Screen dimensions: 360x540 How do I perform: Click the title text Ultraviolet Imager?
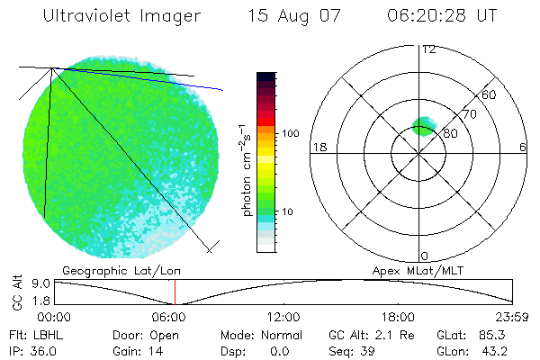(122, 16)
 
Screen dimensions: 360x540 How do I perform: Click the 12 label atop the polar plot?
(428, 49)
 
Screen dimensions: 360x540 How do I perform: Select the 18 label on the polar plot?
(318, 147)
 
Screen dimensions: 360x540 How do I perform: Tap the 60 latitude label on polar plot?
(490, 94)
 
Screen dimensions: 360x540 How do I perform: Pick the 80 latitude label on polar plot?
(451, 133)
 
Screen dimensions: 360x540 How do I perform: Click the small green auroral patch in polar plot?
(423, 126)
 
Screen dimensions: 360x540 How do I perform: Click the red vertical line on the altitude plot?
(175, 292)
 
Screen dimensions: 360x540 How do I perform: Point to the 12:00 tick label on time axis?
(284, 317)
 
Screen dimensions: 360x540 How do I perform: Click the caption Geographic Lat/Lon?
(108, 269)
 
